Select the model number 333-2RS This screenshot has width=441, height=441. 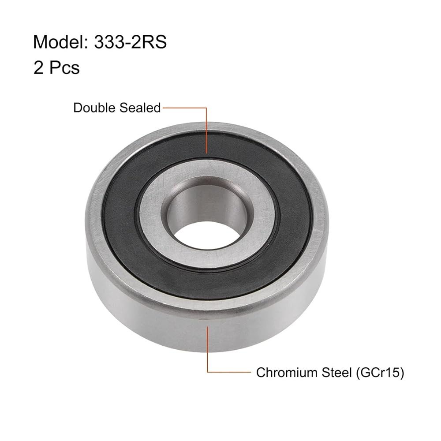pos(130,42)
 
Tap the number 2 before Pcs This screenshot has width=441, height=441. pos(38,68)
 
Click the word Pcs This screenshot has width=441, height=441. pos(64,68)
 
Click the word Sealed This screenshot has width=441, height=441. pos(140,108)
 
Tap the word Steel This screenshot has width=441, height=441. pos(337,372)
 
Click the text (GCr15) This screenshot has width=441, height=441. pos(380,373)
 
